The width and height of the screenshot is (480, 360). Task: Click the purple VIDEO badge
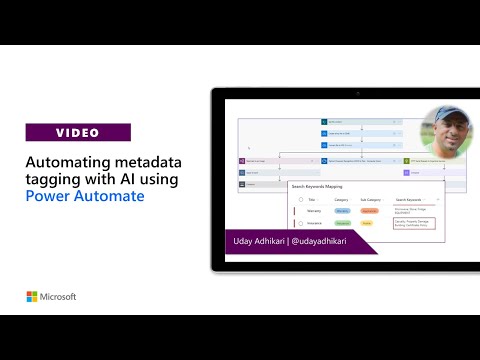pyautogui.click(x=78, y=132)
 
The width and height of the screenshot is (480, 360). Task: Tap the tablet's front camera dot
pyautogui.click(x=358, y=93)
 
